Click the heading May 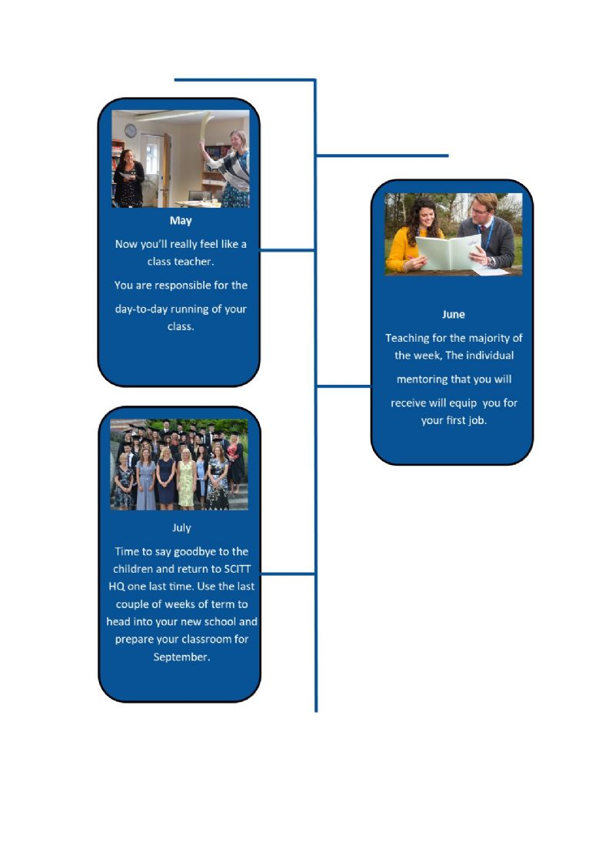(181, 220)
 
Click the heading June (454, 314)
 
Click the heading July (181, 528)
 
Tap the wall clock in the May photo (131, 131)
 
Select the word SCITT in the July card (237, 569)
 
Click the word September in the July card (181, 657)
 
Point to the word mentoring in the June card (421, 379)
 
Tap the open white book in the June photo (448, 252)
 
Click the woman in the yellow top (414, 236)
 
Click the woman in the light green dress (186, 478)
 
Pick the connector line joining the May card (288, 250)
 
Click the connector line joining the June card (344, 386)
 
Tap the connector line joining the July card (288, 573)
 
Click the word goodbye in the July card (195, 552)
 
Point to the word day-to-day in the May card (141, 309)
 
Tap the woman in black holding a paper (128, 178)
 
